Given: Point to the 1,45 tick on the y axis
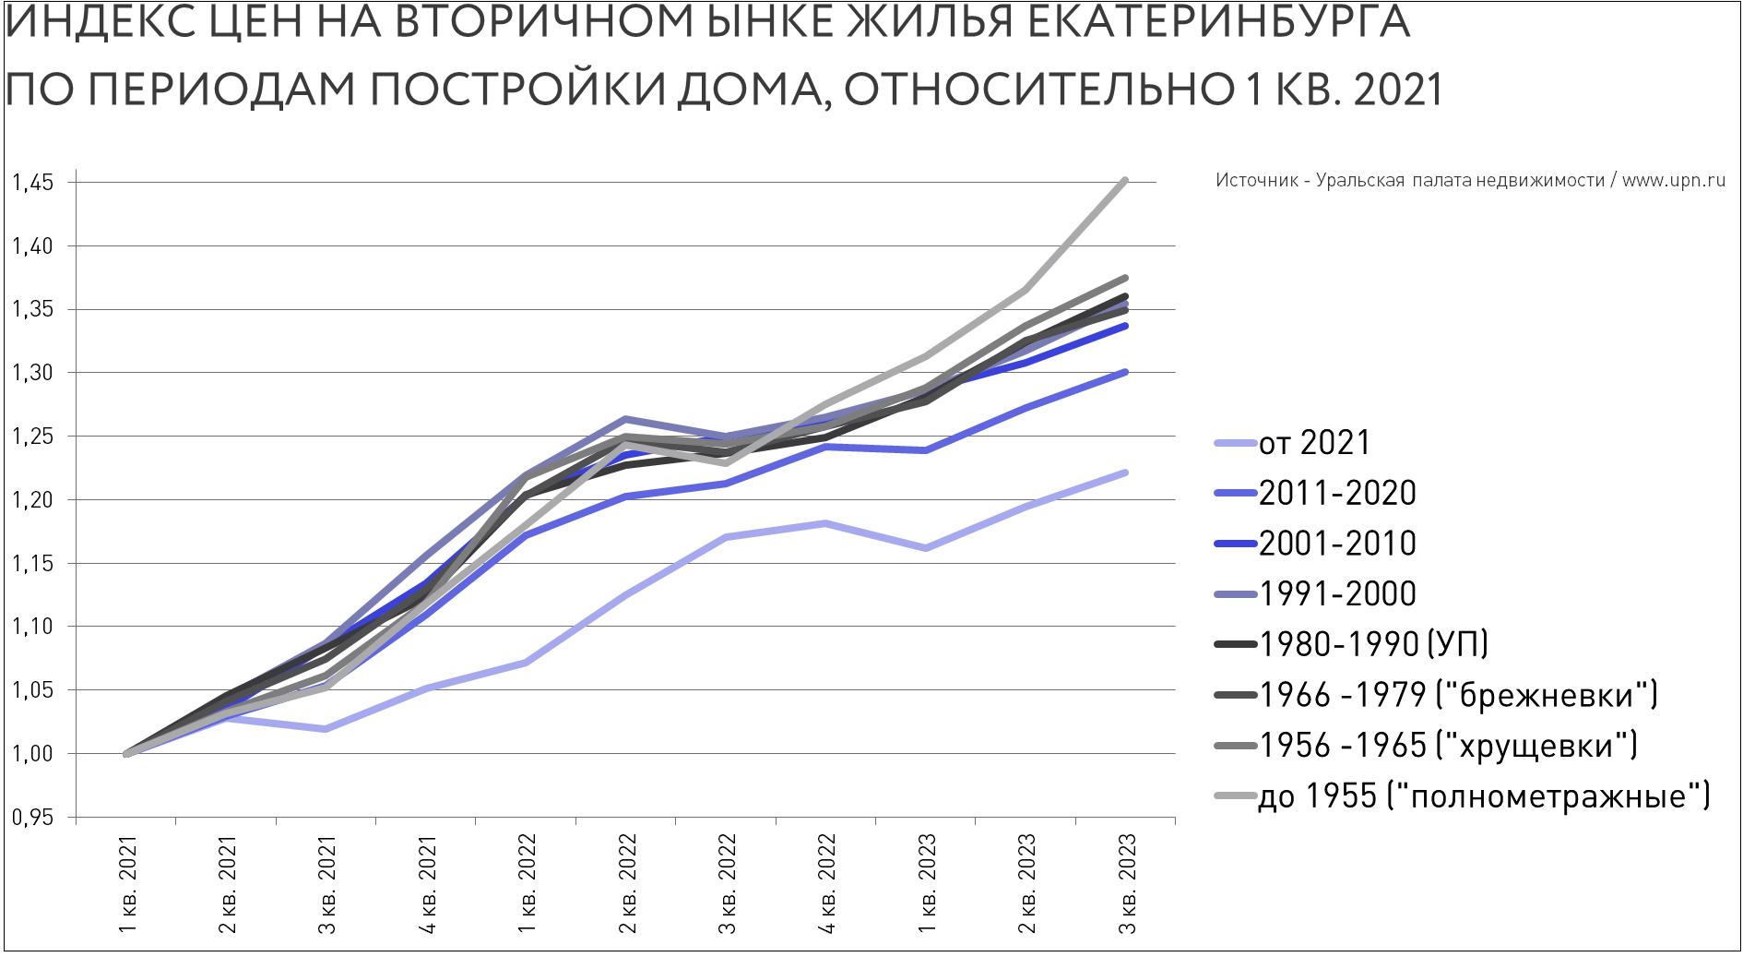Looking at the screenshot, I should (x=32, y=183).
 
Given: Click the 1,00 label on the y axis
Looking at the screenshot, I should (x=32, y=754).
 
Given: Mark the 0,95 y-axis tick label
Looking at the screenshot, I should (x=32, y=818).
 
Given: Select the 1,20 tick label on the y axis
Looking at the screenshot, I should (x=32, y=500).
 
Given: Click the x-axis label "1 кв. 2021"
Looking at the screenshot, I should (x=127, y=884).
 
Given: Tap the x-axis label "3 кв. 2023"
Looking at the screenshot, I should (x=1127, y=884).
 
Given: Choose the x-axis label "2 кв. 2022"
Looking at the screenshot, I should (x=627, y=884).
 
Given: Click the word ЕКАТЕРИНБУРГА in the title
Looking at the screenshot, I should (x=1218, y=22).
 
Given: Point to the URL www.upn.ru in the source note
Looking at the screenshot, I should (x=1673, y=181).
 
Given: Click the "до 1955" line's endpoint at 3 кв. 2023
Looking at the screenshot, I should (x=1125, y=180).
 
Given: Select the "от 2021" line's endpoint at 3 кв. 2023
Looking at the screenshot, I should (x=1125, y=473).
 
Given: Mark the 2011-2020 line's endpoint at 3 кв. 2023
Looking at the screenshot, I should (x=1125, y=372).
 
